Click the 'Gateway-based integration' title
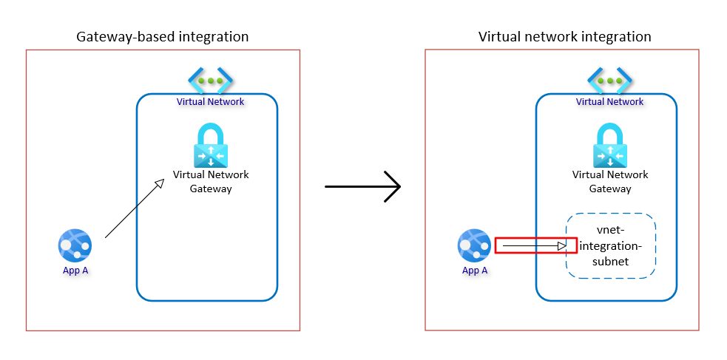click(x=163, y=36)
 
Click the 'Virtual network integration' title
click(x=564, y=36)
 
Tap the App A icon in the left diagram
click(x=75, y=245)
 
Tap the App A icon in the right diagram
click(x=474, y=245)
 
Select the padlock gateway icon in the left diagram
click(x=211, y=146)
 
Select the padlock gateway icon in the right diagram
click(x=610, y=146)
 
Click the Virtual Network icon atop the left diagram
click(x=211, y=80)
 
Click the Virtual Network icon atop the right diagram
click(x=610, y=80)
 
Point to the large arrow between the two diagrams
click(x=362, y=186)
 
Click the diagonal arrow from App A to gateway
click(x=134, y=208)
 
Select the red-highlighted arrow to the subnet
click(x=535, y=245)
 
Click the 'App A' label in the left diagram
click(x=75, y=271)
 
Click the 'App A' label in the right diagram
click(x=474, y=271)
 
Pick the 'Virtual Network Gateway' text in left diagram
click(x=211, y=182)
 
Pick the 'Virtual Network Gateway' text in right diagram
click(x=610, y=182)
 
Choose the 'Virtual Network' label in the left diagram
click(x=211, y=101)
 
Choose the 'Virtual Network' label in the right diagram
click(x=610, y=101)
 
